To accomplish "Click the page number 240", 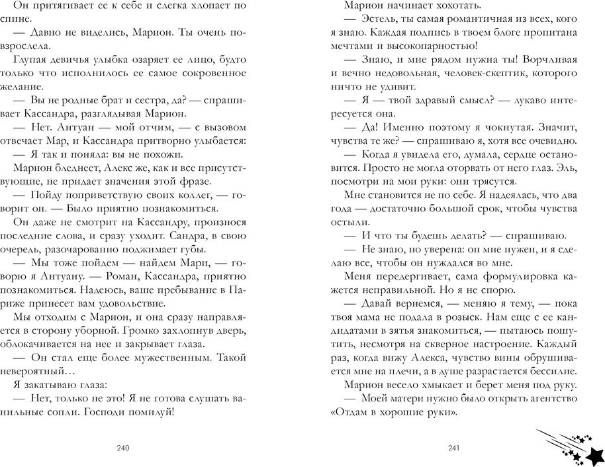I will (x=122, y=448).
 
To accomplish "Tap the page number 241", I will (x=453, y=448).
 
